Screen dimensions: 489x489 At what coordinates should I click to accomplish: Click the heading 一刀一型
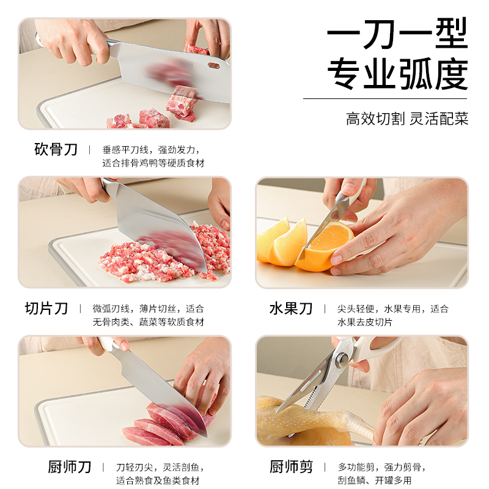coord(397,34)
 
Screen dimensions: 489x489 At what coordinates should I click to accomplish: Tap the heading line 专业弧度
coord(397,73)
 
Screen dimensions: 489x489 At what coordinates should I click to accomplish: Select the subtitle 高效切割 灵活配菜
coord(407,119)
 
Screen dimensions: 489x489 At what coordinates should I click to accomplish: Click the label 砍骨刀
coord(56,149)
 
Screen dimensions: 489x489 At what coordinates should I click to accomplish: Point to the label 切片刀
coord(46,308)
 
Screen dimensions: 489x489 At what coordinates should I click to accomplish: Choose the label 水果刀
coord(291,309)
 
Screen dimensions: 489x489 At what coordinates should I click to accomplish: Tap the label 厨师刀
coord(70,467)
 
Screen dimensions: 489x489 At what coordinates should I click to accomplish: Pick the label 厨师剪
coord(291,467)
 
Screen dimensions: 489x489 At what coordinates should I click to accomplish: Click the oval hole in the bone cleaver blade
coord(213,65)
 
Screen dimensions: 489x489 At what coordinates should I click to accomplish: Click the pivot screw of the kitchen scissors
coord(342,359)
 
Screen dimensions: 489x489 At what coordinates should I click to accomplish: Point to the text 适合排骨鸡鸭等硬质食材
coord(153,163)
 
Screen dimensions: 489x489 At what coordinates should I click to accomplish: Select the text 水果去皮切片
coord(364,322)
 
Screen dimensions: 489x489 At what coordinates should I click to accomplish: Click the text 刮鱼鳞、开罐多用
coord(375,480)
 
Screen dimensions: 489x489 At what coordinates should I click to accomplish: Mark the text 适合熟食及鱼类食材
coord(158,480)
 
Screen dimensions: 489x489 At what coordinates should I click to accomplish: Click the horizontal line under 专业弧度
coord(385,99)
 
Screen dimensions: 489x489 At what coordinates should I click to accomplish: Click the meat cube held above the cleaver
coord(197,50)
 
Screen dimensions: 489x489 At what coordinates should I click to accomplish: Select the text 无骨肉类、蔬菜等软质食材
coord(148,322)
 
